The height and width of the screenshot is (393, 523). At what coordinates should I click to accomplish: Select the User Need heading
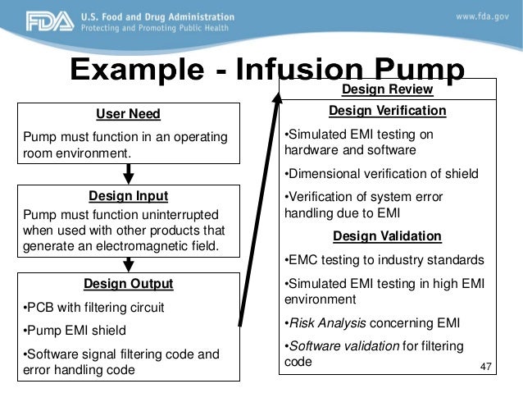click(128, 114)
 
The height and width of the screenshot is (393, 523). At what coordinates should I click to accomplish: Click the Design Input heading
click(128, 196)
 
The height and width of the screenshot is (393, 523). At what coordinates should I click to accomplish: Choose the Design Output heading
click(128, 285)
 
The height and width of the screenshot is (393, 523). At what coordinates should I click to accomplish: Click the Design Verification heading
click(387, 111)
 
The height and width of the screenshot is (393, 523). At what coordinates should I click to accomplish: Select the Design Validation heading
click(387, 237)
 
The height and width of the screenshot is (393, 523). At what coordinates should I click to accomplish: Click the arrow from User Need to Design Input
click(129, 174)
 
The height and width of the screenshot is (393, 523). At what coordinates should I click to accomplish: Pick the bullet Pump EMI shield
click(75, 331)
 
